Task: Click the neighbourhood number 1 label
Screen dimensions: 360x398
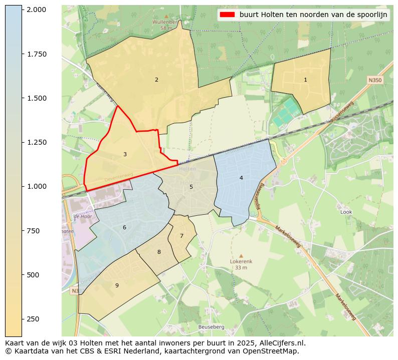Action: tap(305, 80)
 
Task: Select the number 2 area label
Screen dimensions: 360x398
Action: tap(156, 80)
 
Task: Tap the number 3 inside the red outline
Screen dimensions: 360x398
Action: tap(125, 155)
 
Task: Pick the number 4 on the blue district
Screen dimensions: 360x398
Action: tap(241, 178)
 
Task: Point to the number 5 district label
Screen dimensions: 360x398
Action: tap(191, 187)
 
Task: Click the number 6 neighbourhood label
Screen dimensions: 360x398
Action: tap(124, 228)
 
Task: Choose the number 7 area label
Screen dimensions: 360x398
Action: tap(181, 236)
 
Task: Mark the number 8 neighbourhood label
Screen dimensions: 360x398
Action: tap(159, 252)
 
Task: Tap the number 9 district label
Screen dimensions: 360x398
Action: tap(117, 286)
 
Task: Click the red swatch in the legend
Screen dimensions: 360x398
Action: tap(227, 15)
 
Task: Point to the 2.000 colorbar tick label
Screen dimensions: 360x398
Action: tap(37, 10)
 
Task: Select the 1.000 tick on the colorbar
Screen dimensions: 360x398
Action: tap(37, 186)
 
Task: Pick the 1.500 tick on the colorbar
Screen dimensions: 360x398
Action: tap(37, 98)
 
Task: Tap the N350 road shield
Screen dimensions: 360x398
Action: tap(374, 80)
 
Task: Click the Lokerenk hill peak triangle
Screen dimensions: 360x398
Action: tap(241, 255)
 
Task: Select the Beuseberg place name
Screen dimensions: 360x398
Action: tap(211, 327)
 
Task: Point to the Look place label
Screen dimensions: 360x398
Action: tap(346, 212)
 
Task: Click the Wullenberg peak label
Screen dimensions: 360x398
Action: tap(165, 23)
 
